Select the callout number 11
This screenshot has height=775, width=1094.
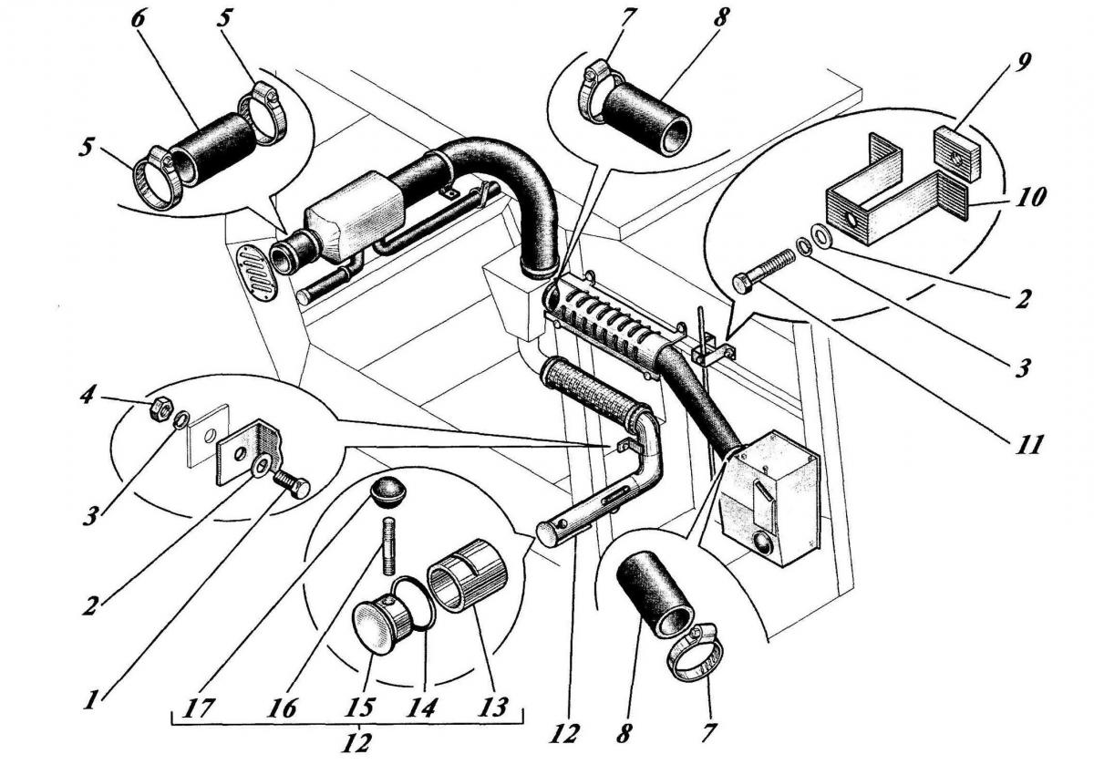point(1028,444)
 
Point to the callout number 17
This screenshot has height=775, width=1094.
point(199,708)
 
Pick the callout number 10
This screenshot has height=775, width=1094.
point(1030,196)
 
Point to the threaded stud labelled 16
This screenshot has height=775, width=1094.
point(389,544)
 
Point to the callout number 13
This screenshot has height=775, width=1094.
point(493,708)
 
